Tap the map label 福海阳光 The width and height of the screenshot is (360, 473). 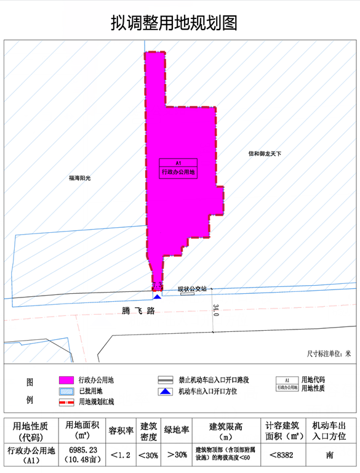(79, 178)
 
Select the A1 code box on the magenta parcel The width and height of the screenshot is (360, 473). (178, 163)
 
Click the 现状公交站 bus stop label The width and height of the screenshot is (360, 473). (192, 289)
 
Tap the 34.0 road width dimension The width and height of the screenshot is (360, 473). (215, 310)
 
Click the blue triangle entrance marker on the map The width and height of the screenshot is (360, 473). (158, 297)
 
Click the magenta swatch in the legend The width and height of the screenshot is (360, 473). (66, 380)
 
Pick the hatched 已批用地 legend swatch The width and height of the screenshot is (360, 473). (66, 391)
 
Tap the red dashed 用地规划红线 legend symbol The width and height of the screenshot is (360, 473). (66, 402)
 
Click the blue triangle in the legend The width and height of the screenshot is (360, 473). (165, 391)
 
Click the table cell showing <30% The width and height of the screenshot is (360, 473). (148, 456)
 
